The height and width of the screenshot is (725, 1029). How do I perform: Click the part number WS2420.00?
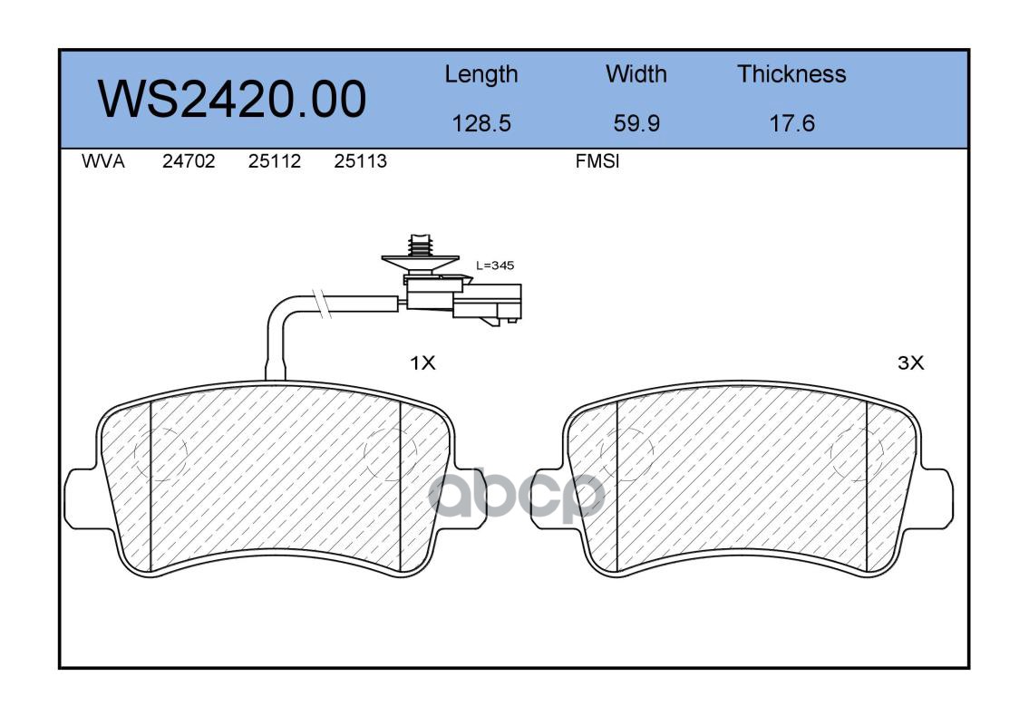(x=232, y=100)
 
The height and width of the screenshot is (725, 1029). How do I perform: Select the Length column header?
(x=481, y=75)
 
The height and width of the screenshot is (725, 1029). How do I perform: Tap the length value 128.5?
(x=481, y=123)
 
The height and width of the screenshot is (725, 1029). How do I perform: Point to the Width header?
(x=636, y=73)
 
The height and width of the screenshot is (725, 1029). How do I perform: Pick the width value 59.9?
(x=636, y=123)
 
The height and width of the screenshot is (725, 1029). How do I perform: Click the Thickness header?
(x=791, y=73)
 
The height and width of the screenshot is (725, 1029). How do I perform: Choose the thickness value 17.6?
(x=791, y=123)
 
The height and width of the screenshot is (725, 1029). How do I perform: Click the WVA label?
(x=103, y=161)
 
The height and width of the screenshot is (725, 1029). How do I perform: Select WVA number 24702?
(x=189, y=161)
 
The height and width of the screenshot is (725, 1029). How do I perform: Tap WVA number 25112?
(x=275, y=161)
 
